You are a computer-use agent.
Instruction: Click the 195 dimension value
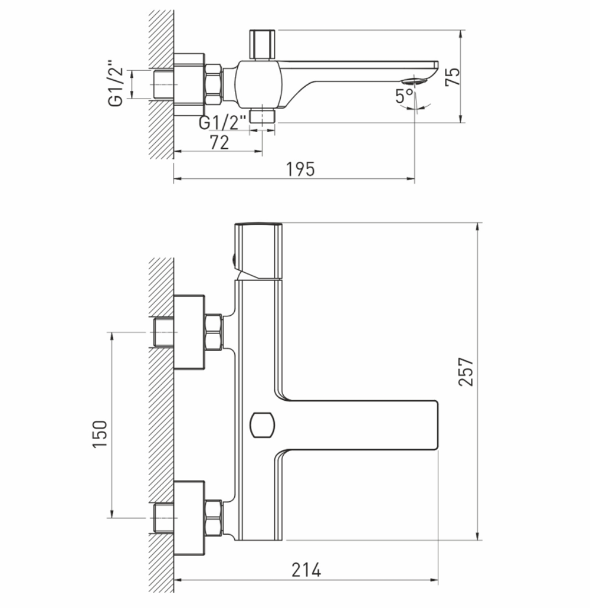[301, 169]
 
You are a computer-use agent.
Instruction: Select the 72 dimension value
[219, 142]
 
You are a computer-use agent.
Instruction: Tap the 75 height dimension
[453, 77]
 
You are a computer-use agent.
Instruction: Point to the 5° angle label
[405, 96]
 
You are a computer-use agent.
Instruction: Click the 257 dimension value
[467, 371]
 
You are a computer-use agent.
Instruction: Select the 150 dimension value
[100, 433]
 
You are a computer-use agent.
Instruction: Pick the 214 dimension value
[306, 570]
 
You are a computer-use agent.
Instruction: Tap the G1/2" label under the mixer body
[222, 123]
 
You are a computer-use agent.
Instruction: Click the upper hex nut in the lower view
[213, 332]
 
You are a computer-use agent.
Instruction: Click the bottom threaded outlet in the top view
[263, 115]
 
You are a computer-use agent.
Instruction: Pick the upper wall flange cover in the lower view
[189, 332]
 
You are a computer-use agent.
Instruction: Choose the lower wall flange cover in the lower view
[189, 518]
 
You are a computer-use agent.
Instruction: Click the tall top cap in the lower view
[258, 250]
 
